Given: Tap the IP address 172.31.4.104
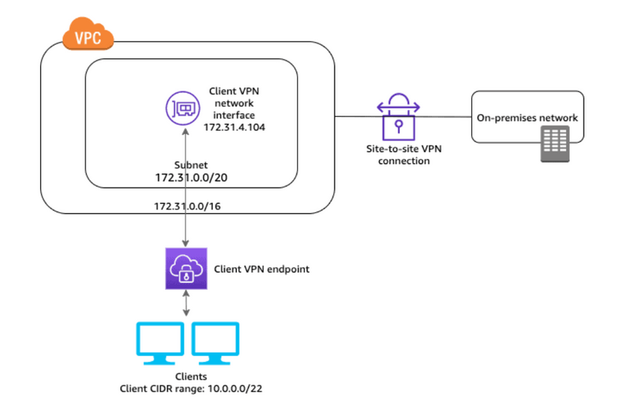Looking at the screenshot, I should click(x=234, y=126).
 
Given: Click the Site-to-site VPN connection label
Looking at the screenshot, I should click(x=398, y=155).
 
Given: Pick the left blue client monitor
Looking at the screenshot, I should click(x=160, y=342).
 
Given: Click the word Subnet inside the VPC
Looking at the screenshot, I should click(x=192, y=165).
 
